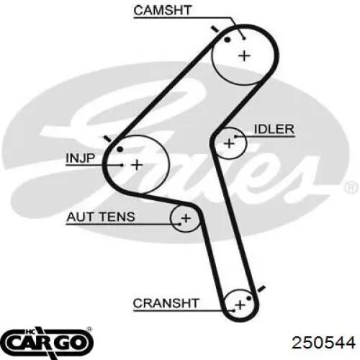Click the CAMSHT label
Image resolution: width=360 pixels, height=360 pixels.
click(x=162, y=10)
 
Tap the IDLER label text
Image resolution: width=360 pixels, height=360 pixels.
click(x=274, y=130)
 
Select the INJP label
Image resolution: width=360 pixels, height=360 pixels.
click(x=81, y=158)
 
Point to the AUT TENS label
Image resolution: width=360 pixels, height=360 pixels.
click(x=101, y=217)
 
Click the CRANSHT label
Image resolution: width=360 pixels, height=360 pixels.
click(x=166, y=303)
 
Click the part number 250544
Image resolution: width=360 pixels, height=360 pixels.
click(x=323, y=343)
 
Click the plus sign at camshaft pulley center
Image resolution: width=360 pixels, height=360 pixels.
click(x=244, y=56)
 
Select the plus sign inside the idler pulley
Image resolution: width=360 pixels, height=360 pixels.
click(x=229, y=143)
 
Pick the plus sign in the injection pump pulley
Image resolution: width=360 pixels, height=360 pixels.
click(x=137, y=165)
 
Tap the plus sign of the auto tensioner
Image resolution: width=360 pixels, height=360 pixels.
click(x=186, y=218)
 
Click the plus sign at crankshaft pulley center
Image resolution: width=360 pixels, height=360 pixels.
click(x=240, y=305)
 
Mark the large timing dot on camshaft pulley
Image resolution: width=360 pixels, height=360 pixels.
click(x=227, y=40)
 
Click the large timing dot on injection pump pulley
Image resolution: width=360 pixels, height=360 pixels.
click(x=120, y=149)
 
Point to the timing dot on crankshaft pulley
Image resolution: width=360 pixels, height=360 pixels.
click(x=249, y=298)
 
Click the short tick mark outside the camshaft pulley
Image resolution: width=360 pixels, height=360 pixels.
click(x=215, y=30)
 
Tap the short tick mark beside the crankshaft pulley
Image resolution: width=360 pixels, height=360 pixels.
click(x=261, y=289)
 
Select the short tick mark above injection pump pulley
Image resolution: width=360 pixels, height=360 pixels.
click(x=107, y=138)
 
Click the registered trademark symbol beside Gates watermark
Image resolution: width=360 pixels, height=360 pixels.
click(x=351, y=187)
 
